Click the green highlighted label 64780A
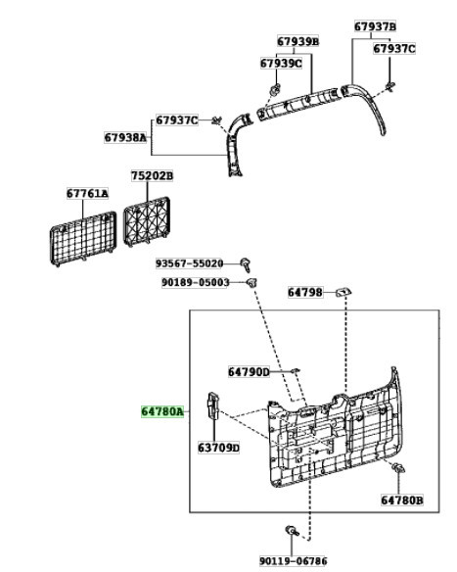point(162,411)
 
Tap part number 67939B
point(297,41)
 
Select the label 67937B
point(375,26)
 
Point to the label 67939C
point(281,64)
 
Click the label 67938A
point(125,137)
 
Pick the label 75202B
point(153,176)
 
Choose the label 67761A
point(87,193)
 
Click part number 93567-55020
point(189,263)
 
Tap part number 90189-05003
point(196,282)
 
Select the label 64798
point(305,292)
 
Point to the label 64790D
point(249,372)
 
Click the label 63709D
point(218,448)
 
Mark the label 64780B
point(402,500)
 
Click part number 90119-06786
point(293,560)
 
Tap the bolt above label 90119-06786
point(293,531)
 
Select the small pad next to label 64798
point(343,292)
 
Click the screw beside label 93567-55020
point(246,264)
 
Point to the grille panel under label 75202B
point(147,221)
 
